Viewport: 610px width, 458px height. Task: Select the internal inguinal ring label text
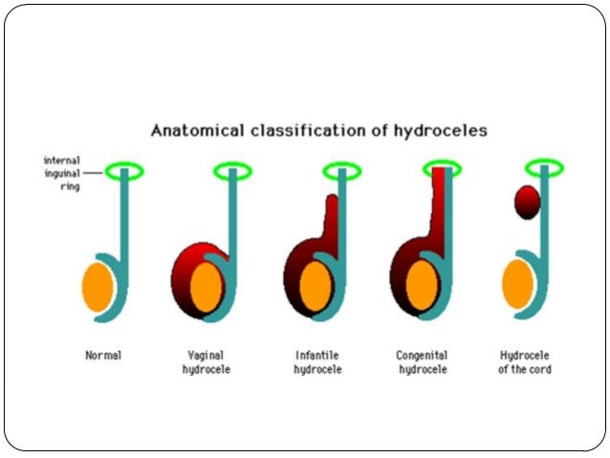(x=65, y=173)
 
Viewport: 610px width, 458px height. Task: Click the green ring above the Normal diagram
(x=124, y=171)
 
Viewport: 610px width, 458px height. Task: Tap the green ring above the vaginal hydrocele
(x=232, y=171)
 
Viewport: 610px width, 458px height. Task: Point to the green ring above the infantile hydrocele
(x=341, y=171)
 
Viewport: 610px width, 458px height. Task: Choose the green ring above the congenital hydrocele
(x=442, y=169)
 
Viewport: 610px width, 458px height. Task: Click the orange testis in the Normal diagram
(x=100, y=285)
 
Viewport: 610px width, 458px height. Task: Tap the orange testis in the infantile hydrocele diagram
(x=316, y=286)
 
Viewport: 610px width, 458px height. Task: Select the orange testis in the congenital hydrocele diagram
(x=422, y=285)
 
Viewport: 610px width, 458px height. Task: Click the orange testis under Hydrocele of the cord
(x=517, y=285)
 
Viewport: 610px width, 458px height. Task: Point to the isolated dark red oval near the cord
(x=527, y=202)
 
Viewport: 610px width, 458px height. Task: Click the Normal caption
(x=103, y=356)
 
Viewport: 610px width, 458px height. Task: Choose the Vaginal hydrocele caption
(x=207, y=362)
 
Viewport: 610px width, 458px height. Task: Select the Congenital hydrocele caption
(x=423, y=362)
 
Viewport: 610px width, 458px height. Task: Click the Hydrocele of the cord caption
(x=525, y=362)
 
